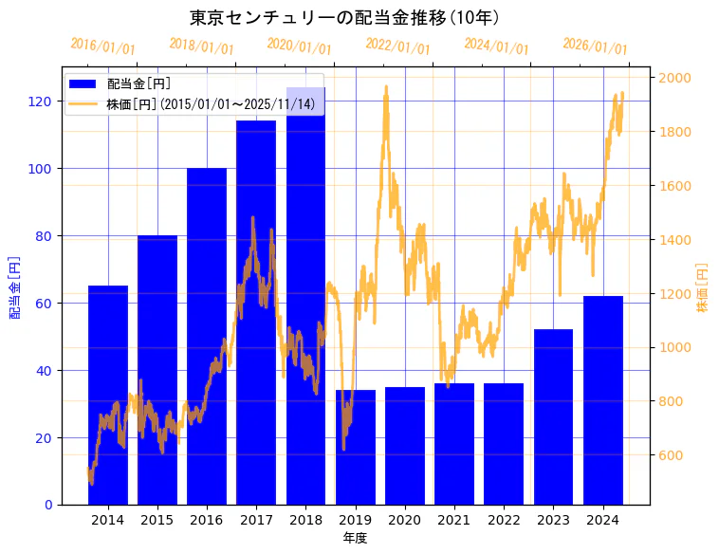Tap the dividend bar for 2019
(x=356, y=447)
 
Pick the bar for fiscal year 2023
(x=553, y=416)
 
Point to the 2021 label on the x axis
(x=454, y=520)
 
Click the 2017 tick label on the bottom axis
(x=256, y=520)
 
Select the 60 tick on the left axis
(x=45, y=304)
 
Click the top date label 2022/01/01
(x=397, y=46)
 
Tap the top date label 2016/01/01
(x=102, y=46)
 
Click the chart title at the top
(x=345, y=17)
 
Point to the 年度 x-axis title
(x=355, y=538)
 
